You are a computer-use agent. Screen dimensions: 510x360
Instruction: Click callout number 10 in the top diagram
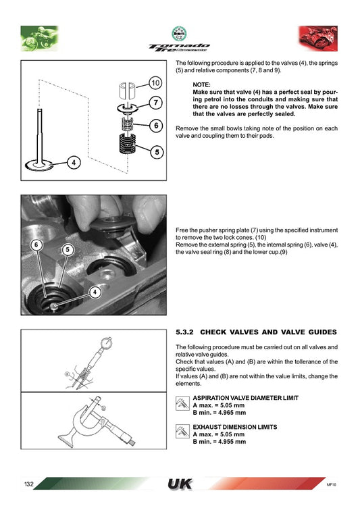pyautogui.click(x=155, y=83)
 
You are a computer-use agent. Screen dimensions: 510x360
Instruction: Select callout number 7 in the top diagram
pyautogui.click(x=155, y=103)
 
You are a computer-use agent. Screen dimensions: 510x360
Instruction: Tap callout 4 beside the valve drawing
pyautogui.click(x=74, y=162)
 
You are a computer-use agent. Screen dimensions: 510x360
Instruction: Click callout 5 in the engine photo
pyautogui.click(x=68, y=249)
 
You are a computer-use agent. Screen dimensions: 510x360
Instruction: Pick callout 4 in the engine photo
pyautogui.click(x=94, y=292)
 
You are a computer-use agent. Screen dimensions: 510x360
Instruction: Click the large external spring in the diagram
pyautogui.click(x=124, y=145)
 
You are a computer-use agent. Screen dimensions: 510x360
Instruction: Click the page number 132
pyautogui.click(x=29, y=485)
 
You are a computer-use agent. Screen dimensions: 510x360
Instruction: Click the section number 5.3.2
pyautogui.click(x=184, y=332)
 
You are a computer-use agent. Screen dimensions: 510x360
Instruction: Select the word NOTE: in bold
pyautogui.click(x=202, y=84)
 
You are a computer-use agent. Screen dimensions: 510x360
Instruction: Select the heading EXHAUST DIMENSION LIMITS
pyautogui.click(x=234, y=427)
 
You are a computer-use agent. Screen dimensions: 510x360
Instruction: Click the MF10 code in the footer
pyautogui.click(x=331, y=485)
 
